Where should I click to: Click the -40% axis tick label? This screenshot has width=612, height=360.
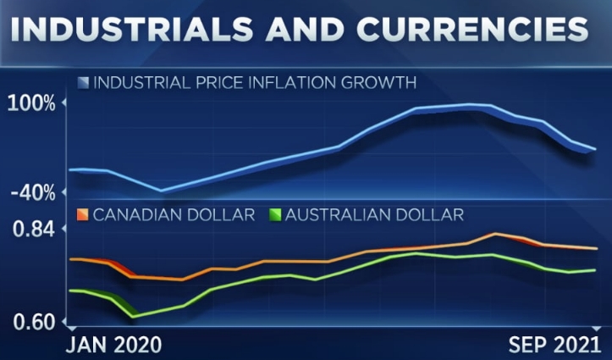point(35,192)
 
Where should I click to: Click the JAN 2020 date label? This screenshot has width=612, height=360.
point(114,343)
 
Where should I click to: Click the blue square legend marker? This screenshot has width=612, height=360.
point(82,83)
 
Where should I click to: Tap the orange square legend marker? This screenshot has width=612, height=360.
point(82,214)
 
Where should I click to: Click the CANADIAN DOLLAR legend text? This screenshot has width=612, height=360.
point(174,214)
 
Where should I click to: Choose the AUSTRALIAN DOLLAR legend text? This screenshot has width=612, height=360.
point(374,214)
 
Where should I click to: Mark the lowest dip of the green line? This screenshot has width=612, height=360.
point(133,317)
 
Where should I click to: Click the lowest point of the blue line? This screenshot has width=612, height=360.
point(162,191)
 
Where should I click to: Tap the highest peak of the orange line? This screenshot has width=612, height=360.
point(495,234)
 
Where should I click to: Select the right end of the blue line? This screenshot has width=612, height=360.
point(595,149)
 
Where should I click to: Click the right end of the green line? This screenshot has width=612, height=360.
point(595,270)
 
